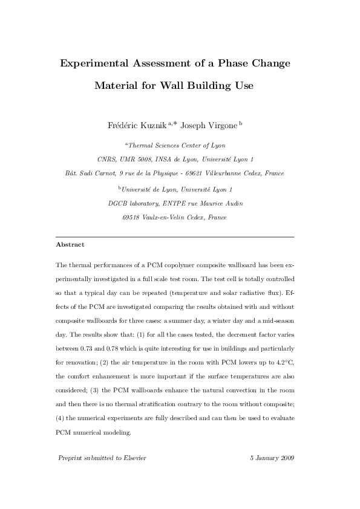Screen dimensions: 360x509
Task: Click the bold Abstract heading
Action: click(x=70, y=245)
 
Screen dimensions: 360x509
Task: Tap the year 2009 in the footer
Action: click(x=286, y=458)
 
